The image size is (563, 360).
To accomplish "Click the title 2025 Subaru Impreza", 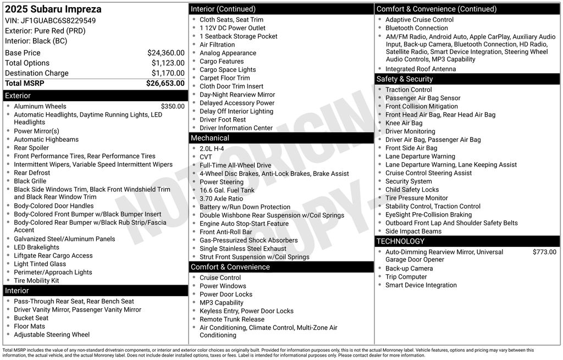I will click(53, 9).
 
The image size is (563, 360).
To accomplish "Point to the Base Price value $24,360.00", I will click(165, 53).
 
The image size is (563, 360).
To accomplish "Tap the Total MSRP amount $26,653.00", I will click(165, 83).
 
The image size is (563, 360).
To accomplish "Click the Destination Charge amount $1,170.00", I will click(168, 73).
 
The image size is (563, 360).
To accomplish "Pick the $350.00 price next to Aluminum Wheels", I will click(173, 106).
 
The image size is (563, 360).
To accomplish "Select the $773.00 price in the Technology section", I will click(544, 252).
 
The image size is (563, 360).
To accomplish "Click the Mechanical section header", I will click(209, 138).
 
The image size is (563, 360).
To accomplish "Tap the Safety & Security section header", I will click(404, 79).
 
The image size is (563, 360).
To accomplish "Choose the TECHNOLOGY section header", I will click(400, 241).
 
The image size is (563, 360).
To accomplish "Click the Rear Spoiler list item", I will click(31, 148).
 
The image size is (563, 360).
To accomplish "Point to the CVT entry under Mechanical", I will click(206, 157).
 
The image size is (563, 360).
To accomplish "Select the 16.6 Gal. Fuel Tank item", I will click(227, 190).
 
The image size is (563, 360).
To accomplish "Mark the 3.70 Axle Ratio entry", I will click(221, 198).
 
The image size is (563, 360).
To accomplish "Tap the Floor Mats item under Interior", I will click(29, 326).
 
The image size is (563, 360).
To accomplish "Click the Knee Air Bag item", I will click(404, 123).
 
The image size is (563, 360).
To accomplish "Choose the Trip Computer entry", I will click(406, 276).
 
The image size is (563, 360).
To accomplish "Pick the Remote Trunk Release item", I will click(231, 319).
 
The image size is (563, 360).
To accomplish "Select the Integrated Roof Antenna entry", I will click(420, 69).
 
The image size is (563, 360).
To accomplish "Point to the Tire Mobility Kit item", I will click(36, 280).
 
